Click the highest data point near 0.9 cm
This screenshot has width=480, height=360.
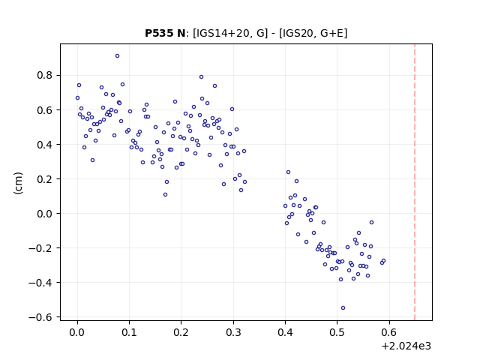pos(117,56)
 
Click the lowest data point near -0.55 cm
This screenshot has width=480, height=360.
pos(343,308)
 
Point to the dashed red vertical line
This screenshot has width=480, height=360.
pos(415,182)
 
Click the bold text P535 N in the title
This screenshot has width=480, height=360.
pos(165,33)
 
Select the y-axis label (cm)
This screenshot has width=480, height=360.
pos(18,183)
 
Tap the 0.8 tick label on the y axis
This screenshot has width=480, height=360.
pos(45,75)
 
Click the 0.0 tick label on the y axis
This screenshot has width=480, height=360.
pos(45,214)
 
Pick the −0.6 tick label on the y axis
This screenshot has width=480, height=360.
pos(41,317)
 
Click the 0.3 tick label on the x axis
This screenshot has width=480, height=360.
pos(233,332)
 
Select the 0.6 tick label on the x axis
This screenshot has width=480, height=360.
pos(389,332)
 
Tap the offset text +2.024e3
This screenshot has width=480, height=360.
pos(406,346)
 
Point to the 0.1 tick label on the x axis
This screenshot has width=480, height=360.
pos(129,332)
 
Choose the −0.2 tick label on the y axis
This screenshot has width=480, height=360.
pos(41,248)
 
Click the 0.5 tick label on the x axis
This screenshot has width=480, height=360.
pos(337,332)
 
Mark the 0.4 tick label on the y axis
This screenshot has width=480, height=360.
pos(45,145)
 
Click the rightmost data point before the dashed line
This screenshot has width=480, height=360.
pos(383,261)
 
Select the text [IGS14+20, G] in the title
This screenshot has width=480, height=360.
pos(228,33)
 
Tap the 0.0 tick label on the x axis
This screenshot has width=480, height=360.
pos(77,332)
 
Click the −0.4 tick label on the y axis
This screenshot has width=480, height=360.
pos(41,283)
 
